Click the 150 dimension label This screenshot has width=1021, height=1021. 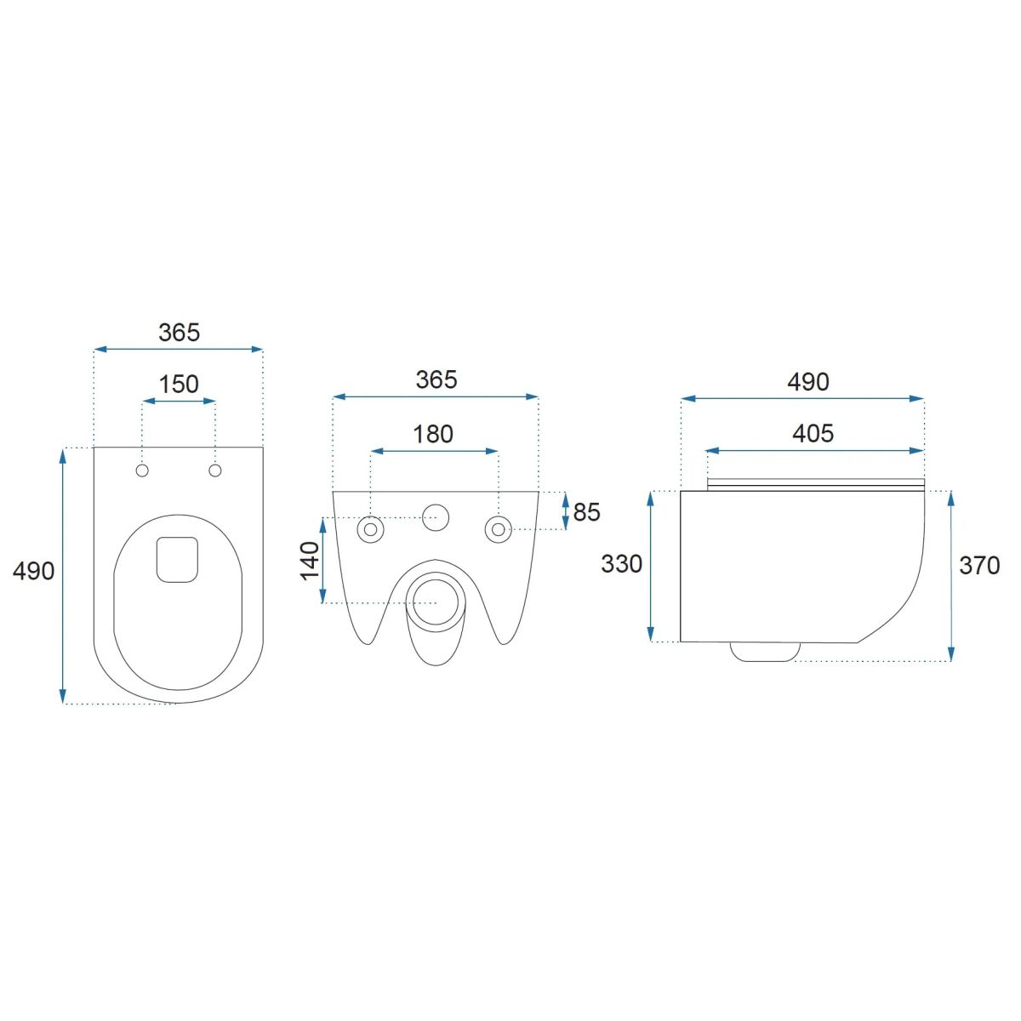tap(179, 384)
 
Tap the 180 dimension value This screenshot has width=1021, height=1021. tap(433, 434)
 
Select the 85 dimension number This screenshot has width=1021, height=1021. tap(586, 512)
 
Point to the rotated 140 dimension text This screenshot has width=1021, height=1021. tap(310, 561)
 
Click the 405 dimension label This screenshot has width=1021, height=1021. tap(813, 433)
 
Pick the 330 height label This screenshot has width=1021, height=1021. tap(621, 564)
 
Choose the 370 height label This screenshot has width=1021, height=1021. tap(979, 566)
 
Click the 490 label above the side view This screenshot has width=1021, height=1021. tap(808, 381)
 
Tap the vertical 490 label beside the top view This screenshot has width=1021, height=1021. tap(33, 571)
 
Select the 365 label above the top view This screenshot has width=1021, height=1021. tap(179, 332)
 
